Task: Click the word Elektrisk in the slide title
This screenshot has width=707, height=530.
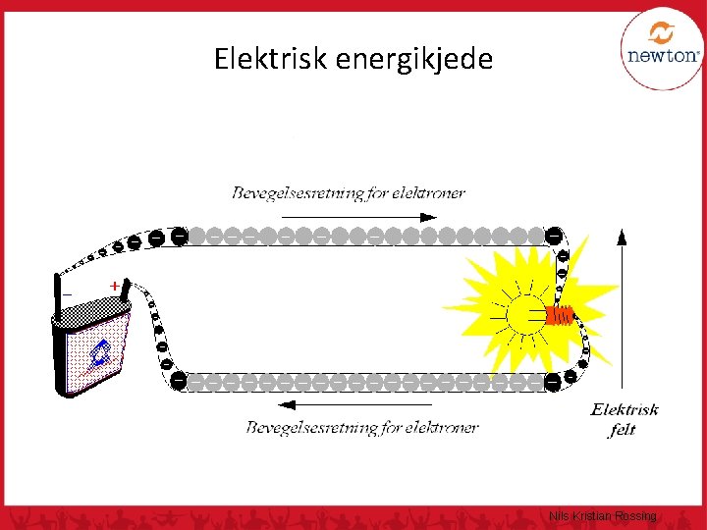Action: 271,60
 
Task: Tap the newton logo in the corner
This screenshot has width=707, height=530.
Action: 662,50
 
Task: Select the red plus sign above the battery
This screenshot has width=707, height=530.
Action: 115,285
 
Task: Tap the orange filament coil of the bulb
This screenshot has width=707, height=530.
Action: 561,315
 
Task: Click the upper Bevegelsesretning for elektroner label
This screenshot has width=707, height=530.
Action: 349,192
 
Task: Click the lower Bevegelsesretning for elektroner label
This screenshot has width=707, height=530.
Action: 361,427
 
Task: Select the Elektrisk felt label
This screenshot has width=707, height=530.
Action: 624,419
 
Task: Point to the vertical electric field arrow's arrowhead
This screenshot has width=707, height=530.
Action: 623,236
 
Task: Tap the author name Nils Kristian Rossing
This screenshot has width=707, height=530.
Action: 604,516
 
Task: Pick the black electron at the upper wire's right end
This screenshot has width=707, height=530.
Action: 554,236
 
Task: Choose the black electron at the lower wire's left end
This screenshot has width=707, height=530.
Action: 179,379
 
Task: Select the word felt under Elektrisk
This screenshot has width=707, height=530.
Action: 623,430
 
